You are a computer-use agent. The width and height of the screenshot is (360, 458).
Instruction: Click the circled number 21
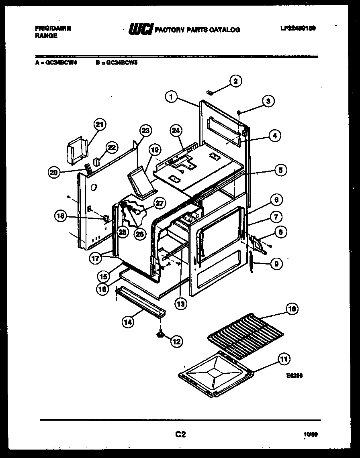coord(100,125)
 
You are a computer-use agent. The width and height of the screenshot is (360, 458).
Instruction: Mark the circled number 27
coord(160,203)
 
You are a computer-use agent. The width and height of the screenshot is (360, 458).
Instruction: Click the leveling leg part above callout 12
coord(161,333)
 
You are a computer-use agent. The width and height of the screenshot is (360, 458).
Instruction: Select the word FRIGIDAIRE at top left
coord(53,28)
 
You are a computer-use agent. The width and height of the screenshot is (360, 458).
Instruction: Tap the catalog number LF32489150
coord(297,28)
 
